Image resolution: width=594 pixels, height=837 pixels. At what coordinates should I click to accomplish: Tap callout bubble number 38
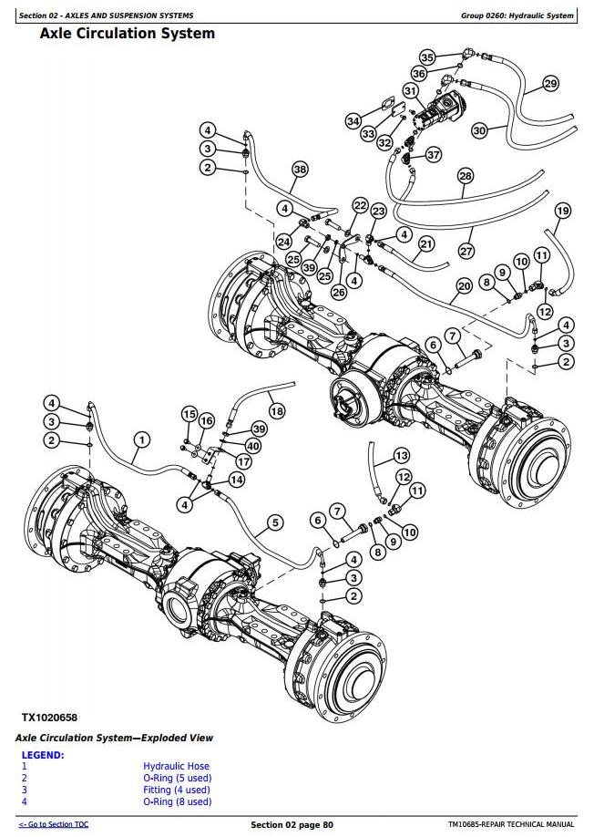pyautogui.click(x=300, y=169)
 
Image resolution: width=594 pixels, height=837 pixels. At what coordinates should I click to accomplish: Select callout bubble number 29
pyautogui.click(x=550, y=84)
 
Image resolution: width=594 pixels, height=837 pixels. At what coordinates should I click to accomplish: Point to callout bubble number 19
pyautogui.click(x=562, y=212)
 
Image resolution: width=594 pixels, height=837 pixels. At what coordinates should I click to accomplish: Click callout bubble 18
pyautogui.click(x=277, y=411)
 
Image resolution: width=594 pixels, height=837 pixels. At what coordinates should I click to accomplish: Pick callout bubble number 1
pyautogui.click(x=140, y=440)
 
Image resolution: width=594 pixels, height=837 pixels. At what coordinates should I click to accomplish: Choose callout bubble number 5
pyautogui.click(x=274, y=522)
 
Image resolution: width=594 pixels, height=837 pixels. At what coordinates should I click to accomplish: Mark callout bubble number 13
pyautogui.click(x=401, y=455)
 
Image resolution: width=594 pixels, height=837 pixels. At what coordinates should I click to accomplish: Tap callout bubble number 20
pyautogui.click(x=463, y=285)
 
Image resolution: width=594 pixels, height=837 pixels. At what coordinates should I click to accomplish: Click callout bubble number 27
pyautogui.click(x=466, y=250)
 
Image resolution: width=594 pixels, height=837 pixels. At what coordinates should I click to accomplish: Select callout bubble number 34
pyautogui.click(x=353, y=120)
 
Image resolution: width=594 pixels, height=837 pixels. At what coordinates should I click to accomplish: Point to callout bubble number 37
pyautogui.click(x=434, y=155)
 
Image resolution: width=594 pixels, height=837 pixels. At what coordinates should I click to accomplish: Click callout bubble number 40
pyautogui.click(x=253, y=446)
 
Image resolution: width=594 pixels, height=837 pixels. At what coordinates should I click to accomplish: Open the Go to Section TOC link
pyautogui.click(x=54, y=824)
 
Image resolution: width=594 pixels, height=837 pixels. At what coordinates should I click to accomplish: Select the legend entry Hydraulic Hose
pyautogui.click(x=176, y=766)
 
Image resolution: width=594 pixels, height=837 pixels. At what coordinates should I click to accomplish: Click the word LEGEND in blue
pyautogui.click(x=42, y=755)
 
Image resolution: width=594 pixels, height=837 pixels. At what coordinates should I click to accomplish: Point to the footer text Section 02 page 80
pyautogui.click(x=292, y=824)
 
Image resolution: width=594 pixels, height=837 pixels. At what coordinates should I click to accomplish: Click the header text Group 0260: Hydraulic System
pyautogui.click(x=518, y=15)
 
